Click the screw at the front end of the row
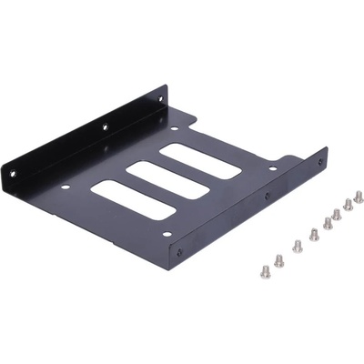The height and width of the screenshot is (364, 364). (x=266, y=269)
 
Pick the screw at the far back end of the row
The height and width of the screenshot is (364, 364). (x=359, y=196)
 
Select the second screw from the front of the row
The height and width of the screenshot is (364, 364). (x=278, y=260)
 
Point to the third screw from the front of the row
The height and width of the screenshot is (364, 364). (x=297, y=245)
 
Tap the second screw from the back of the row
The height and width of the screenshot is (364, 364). (x=348, y=204)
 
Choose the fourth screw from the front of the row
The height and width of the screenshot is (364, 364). (x=313, y=235)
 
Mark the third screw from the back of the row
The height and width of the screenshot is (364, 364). (x=337, y=213)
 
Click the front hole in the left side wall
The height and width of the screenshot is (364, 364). (x=15, y=169)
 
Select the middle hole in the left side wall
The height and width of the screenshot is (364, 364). (x=104, y=126)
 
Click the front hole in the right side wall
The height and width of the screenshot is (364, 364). (x=179, y=252)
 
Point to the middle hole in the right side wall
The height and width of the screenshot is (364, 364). (x=267, y=196)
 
